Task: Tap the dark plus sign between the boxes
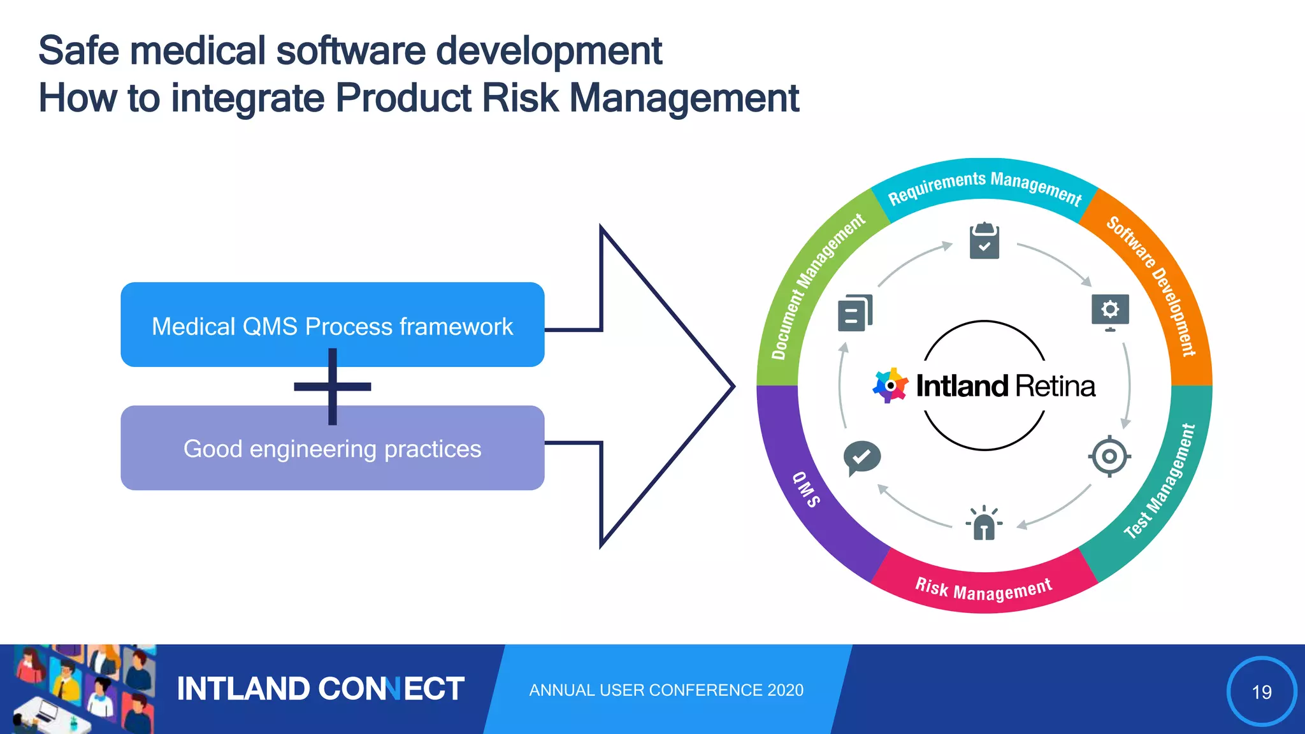[x=332, y=386]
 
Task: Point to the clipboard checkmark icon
[x=984, y=241]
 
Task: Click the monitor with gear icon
[x=1109, y=312]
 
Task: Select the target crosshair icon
[x=1109, y=456]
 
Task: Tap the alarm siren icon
[x=984, y=523]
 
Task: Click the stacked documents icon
[x=854, y=313]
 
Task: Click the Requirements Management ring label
[x=984, y=187]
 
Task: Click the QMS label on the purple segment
[x=807, y=489]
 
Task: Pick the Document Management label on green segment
[x=816, y=286]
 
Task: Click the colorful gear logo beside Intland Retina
[x=890, y=385]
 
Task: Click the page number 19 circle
[x=1261, y=691]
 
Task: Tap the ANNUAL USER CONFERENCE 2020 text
[x=666, y=690]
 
